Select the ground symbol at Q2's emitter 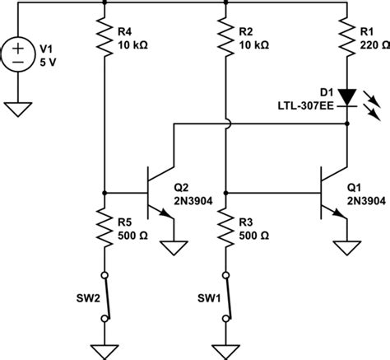click(173, 246)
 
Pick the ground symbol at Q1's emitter click(346, 246)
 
